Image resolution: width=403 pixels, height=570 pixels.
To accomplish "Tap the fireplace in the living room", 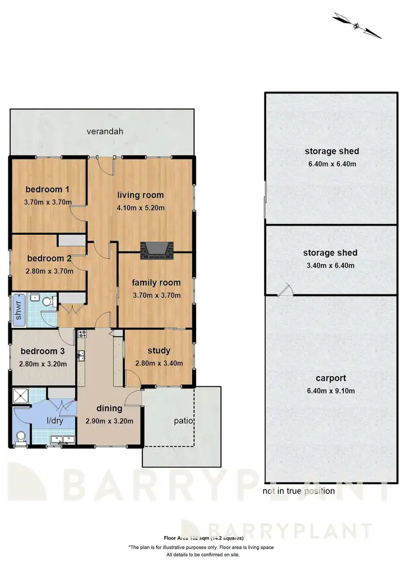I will (154, 250).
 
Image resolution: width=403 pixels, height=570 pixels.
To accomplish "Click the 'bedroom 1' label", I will (48, 189).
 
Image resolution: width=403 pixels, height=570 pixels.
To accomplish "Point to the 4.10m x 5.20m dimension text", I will (141, 208).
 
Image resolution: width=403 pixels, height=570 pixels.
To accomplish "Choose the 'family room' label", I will (156, 283).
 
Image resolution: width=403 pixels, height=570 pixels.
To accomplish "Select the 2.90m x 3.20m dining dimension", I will (109, 421).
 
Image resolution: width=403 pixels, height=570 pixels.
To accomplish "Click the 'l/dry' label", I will (55, 421).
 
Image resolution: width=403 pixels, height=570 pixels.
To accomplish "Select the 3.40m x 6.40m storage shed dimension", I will (330, 265).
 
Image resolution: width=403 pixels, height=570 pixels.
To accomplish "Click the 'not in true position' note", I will (299, 491).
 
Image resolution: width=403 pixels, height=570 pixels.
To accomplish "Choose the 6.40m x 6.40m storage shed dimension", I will (330, 164).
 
